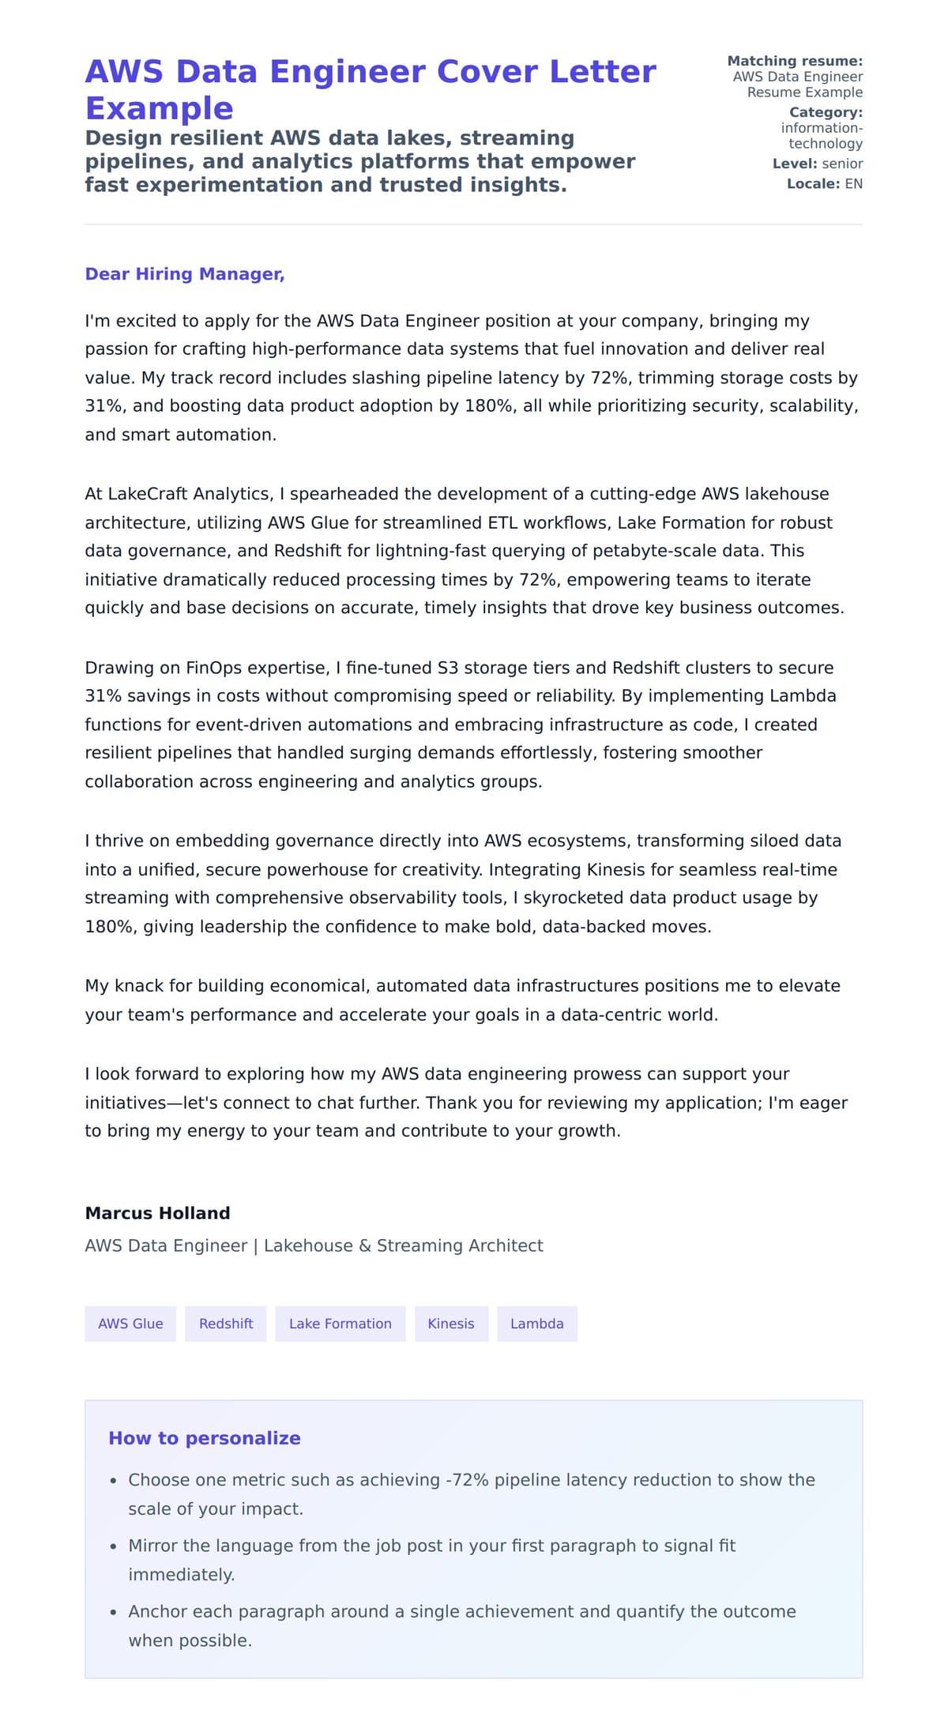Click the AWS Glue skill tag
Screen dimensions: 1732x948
130,1323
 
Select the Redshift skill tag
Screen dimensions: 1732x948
226,1323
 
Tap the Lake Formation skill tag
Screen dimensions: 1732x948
340,1323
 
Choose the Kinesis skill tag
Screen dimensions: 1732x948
451,1323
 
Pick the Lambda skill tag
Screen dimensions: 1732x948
537,1323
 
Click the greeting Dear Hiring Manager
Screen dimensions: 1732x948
184,274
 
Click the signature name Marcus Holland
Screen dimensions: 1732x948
157,1213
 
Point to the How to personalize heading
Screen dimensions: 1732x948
205,1438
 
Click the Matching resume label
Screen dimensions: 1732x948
795,61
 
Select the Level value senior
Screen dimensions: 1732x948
842,164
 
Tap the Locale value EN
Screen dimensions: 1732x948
853,184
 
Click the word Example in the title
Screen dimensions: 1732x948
159,108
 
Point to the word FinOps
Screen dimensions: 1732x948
213,668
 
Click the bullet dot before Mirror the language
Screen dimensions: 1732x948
114,1546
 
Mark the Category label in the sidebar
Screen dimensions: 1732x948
826,112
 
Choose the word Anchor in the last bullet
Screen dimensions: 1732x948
154,1612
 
